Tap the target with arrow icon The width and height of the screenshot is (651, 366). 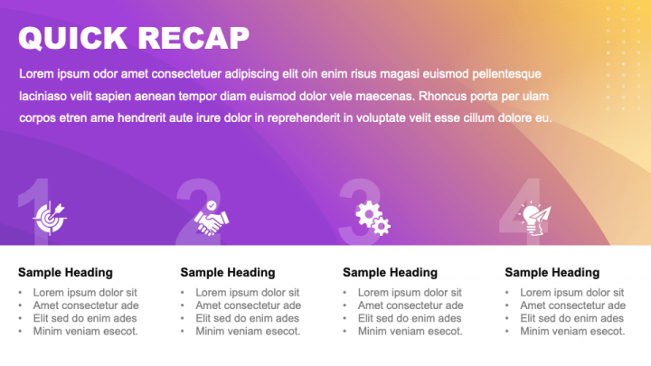50,217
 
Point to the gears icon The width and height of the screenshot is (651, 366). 373,217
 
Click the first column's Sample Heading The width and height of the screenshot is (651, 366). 65,272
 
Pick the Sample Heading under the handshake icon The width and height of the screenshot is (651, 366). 228,272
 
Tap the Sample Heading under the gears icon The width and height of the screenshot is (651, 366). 390,272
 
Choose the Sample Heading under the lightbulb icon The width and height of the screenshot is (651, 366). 552,272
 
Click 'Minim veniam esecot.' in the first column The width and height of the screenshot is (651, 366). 85,331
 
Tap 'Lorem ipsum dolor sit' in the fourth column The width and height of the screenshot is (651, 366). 571,293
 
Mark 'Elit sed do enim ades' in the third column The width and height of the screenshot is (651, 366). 410,318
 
